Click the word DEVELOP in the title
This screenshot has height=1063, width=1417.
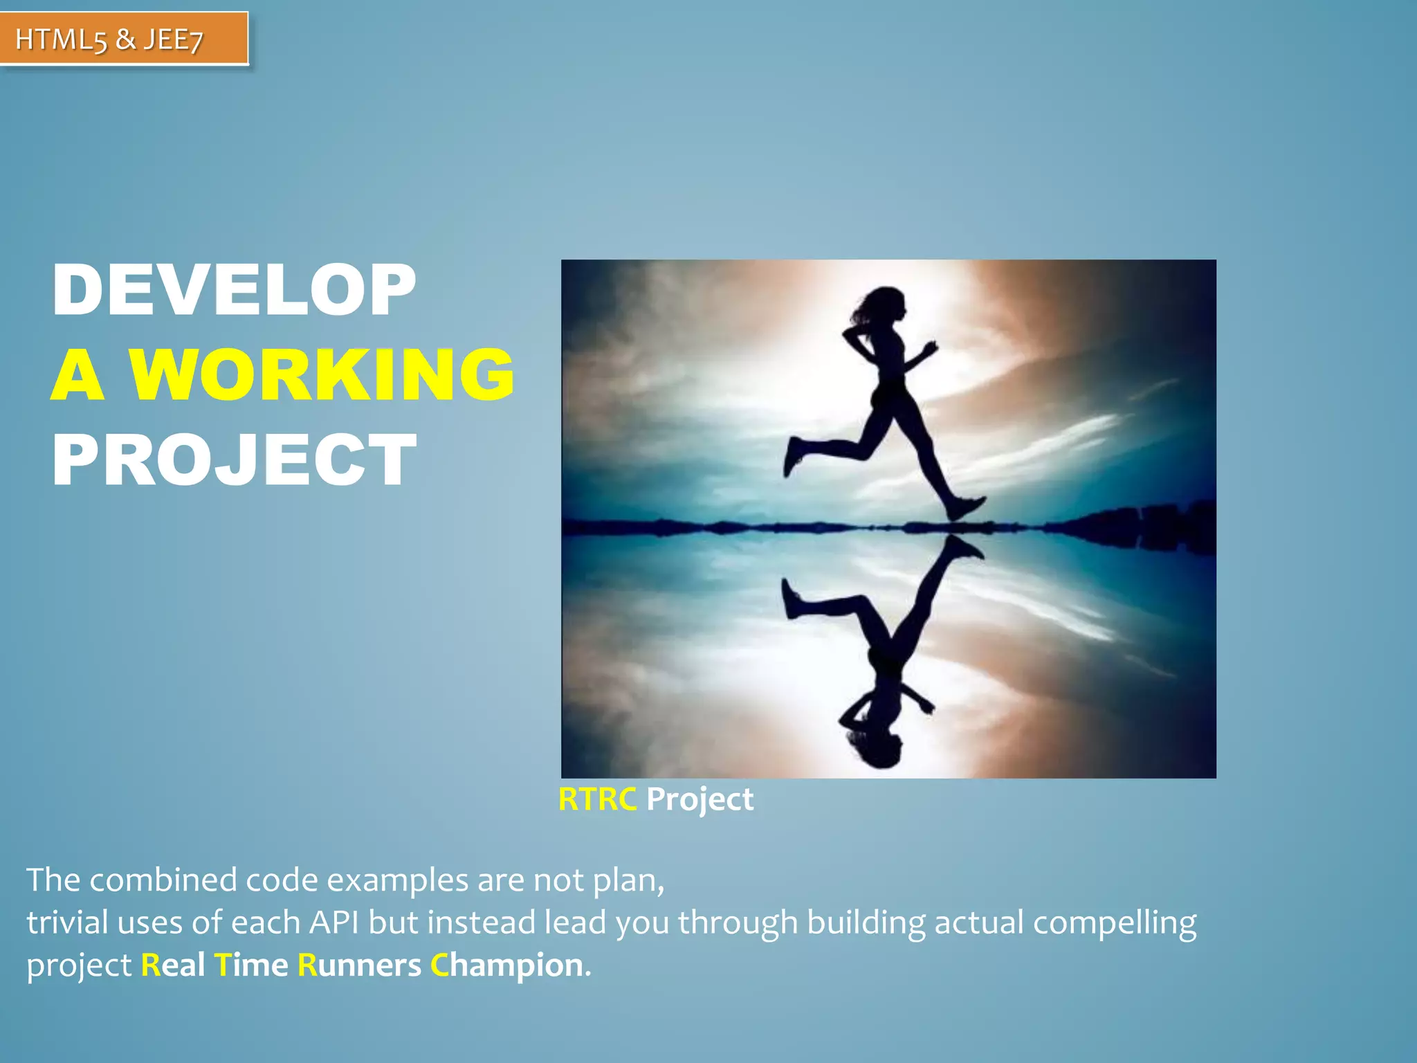pyautogui.click(x=234, y=291)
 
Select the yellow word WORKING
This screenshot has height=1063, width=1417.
pyautogui.click(x=322, y=375)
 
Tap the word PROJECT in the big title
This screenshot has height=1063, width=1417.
pyautogui.click(x=234, y=460)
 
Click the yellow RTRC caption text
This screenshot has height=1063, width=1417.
pyautogui.click(x=597, y=799)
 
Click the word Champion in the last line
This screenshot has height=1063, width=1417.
pyautogui.click(x=506, y=965)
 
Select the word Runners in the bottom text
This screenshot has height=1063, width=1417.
pyautogui.click(x=358, y=965)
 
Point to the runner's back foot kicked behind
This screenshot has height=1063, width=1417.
pyautogui.click(x=793, y=456)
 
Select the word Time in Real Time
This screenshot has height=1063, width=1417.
pyautogui.click(x=250, y=965)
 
